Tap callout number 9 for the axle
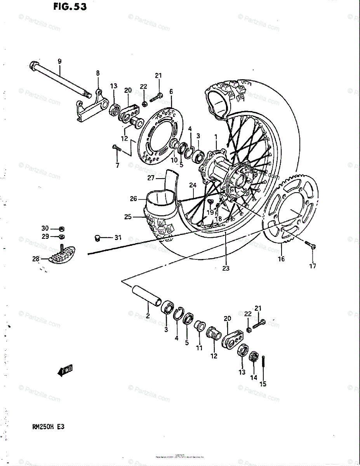click(x=59, y=61)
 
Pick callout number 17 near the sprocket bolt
click(x=313, y=266)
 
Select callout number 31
click(x=118, y=237)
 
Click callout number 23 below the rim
click(x=226, y=268)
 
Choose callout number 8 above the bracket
click(x=98, y=73)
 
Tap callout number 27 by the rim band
click(x=151, y=178)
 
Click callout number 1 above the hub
click(x=216, y=136)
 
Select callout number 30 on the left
click(x=45, y=228)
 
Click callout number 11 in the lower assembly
click(x=199, y=348)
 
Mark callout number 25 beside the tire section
click(x=128, y=217)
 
